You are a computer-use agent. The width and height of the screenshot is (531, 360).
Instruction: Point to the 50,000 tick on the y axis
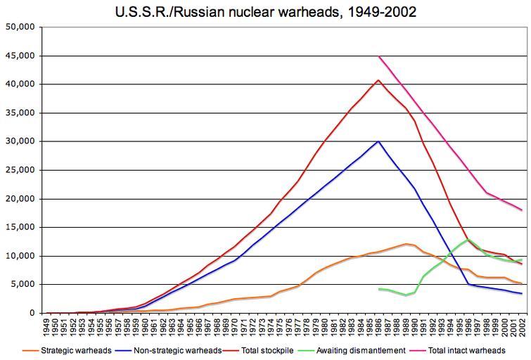[20, 27]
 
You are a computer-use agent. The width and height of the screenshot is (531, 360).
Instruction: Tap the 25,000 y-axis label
[20, 170]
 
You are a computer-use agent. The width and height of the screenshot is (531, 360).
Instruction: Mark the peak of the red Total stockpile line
[378, 80]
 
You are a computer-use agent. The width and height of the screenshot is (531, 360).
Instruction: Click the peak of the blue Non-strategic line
[378, 141]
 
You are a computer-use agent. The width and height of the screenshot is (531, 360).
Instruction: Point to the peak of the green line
[468, 240]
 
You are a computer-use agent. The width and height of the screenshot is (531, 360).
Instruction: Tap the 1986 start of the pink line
[378, 56]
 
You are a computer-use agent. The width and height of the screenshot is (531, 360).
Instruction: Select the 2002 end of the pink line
[522, 210]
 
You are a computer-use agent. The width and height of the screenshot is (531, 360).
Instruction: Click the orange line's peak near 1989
[406, 244]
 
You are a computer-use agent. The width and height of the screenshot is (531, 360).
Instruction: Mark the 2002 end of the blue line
[522, 294]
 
